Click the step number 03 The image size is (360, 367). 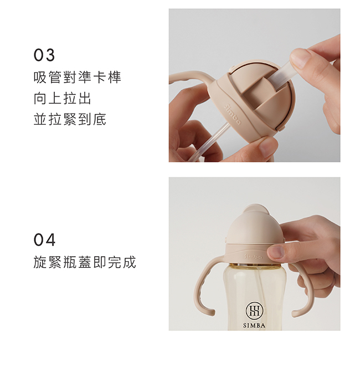44,55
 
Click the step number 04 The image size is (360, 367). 44,240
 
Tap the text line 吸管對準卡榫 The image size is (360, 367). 78,77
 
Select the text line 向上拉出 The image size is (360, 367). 63,98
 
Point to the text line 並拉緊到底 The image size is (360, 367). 70,119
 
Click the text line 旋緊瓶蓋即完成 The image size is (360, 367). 85,262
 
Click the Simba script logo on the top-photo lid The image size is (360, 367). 232,114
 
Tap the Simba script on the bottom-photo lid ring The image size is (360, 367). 253,257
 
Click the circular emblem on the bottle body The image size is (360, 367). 254,311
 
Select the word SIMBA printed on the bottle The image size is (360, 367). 254,325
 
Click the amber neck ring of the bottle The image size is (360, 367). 255,265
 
